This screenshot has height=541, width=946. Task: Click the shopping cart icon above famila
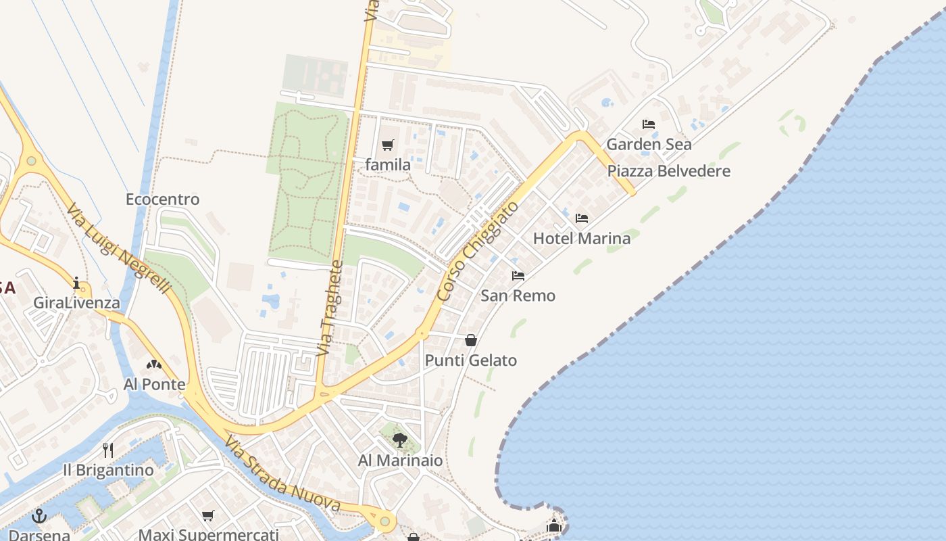coord(387,145)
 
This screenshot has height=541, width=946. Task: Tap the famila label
coord(388,164)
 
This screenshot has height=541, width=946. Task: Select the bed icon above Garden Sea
coord(649,124)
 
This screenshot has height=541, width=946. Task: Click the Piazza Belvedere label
coord(669,171)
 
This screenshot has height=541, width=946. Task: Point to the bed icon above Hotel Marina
coord(582,218)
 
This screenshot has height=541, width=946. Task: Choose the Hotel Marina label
coord(582,238)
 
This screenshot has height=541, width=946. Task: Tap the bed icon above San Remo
coord(518,276)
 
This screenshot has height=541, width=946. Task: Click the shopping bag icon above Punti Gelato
coord(471,340)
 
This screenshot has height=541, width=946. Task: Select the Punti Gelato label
coord(471,360)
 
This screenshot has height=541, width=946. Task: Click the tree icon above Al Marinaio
coord(400,440)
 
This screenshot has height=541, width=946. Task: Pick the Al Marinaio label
coord(401,461)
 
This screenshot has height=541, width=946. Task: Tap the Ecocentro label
coord(163,199)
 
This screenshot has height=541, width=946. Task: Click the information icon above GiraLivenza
coord(76,283)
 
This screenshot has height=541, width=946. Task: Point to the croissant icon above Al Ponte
coord(154,364)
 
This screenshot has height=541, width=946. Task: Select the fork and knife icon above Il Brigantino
coord(108,450)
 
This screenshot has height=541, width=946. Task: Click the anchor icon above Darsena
coord(39,516)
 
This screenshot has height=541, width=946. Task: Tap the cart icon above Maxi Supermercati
coord(208,516)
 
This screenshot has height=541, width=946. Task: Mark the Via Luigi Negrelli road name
coord(118,248)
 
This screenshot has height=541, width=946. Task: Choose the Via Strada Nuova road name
coord(282,474)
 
